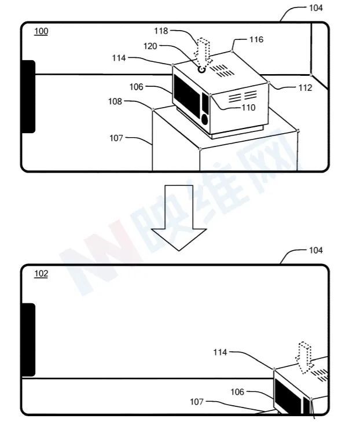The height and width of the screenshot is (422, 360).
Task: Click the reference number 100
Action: [x=41, y=31]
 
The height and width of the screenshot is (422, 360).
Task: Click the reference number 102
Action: [x=41, y=274]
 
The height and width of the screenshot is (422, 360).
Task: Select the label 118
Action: [x=161, y=31]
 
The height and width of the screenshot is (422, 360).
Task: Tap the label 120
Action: [x=150, y=46]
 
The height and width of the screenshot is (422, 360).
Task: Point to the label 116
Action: [x=256, y=39]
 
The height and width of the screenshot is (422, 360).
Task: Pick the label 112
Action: [x=305, y=88]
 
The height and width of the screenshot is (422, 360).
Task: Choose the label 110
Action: [x=248, y=108]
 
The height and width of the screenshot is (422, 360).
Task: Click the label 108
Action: [x=115, y=101]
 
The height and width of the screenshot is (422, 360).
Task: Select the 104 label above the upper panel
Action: [x=316, y=8]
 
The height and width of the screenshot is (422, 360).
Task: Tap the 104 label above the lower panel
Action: [x=316, y=251]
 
